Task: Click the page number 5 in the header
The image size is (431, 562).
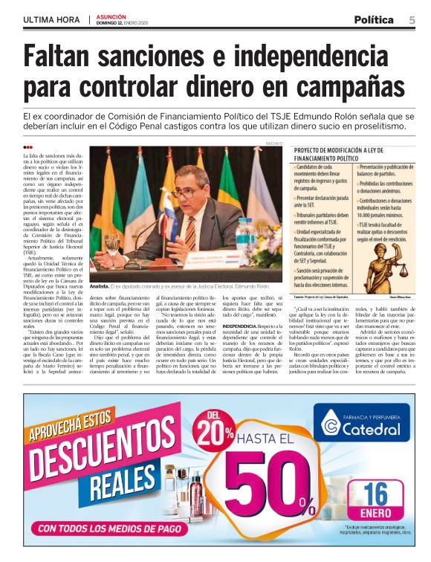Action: click(412, 19)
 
